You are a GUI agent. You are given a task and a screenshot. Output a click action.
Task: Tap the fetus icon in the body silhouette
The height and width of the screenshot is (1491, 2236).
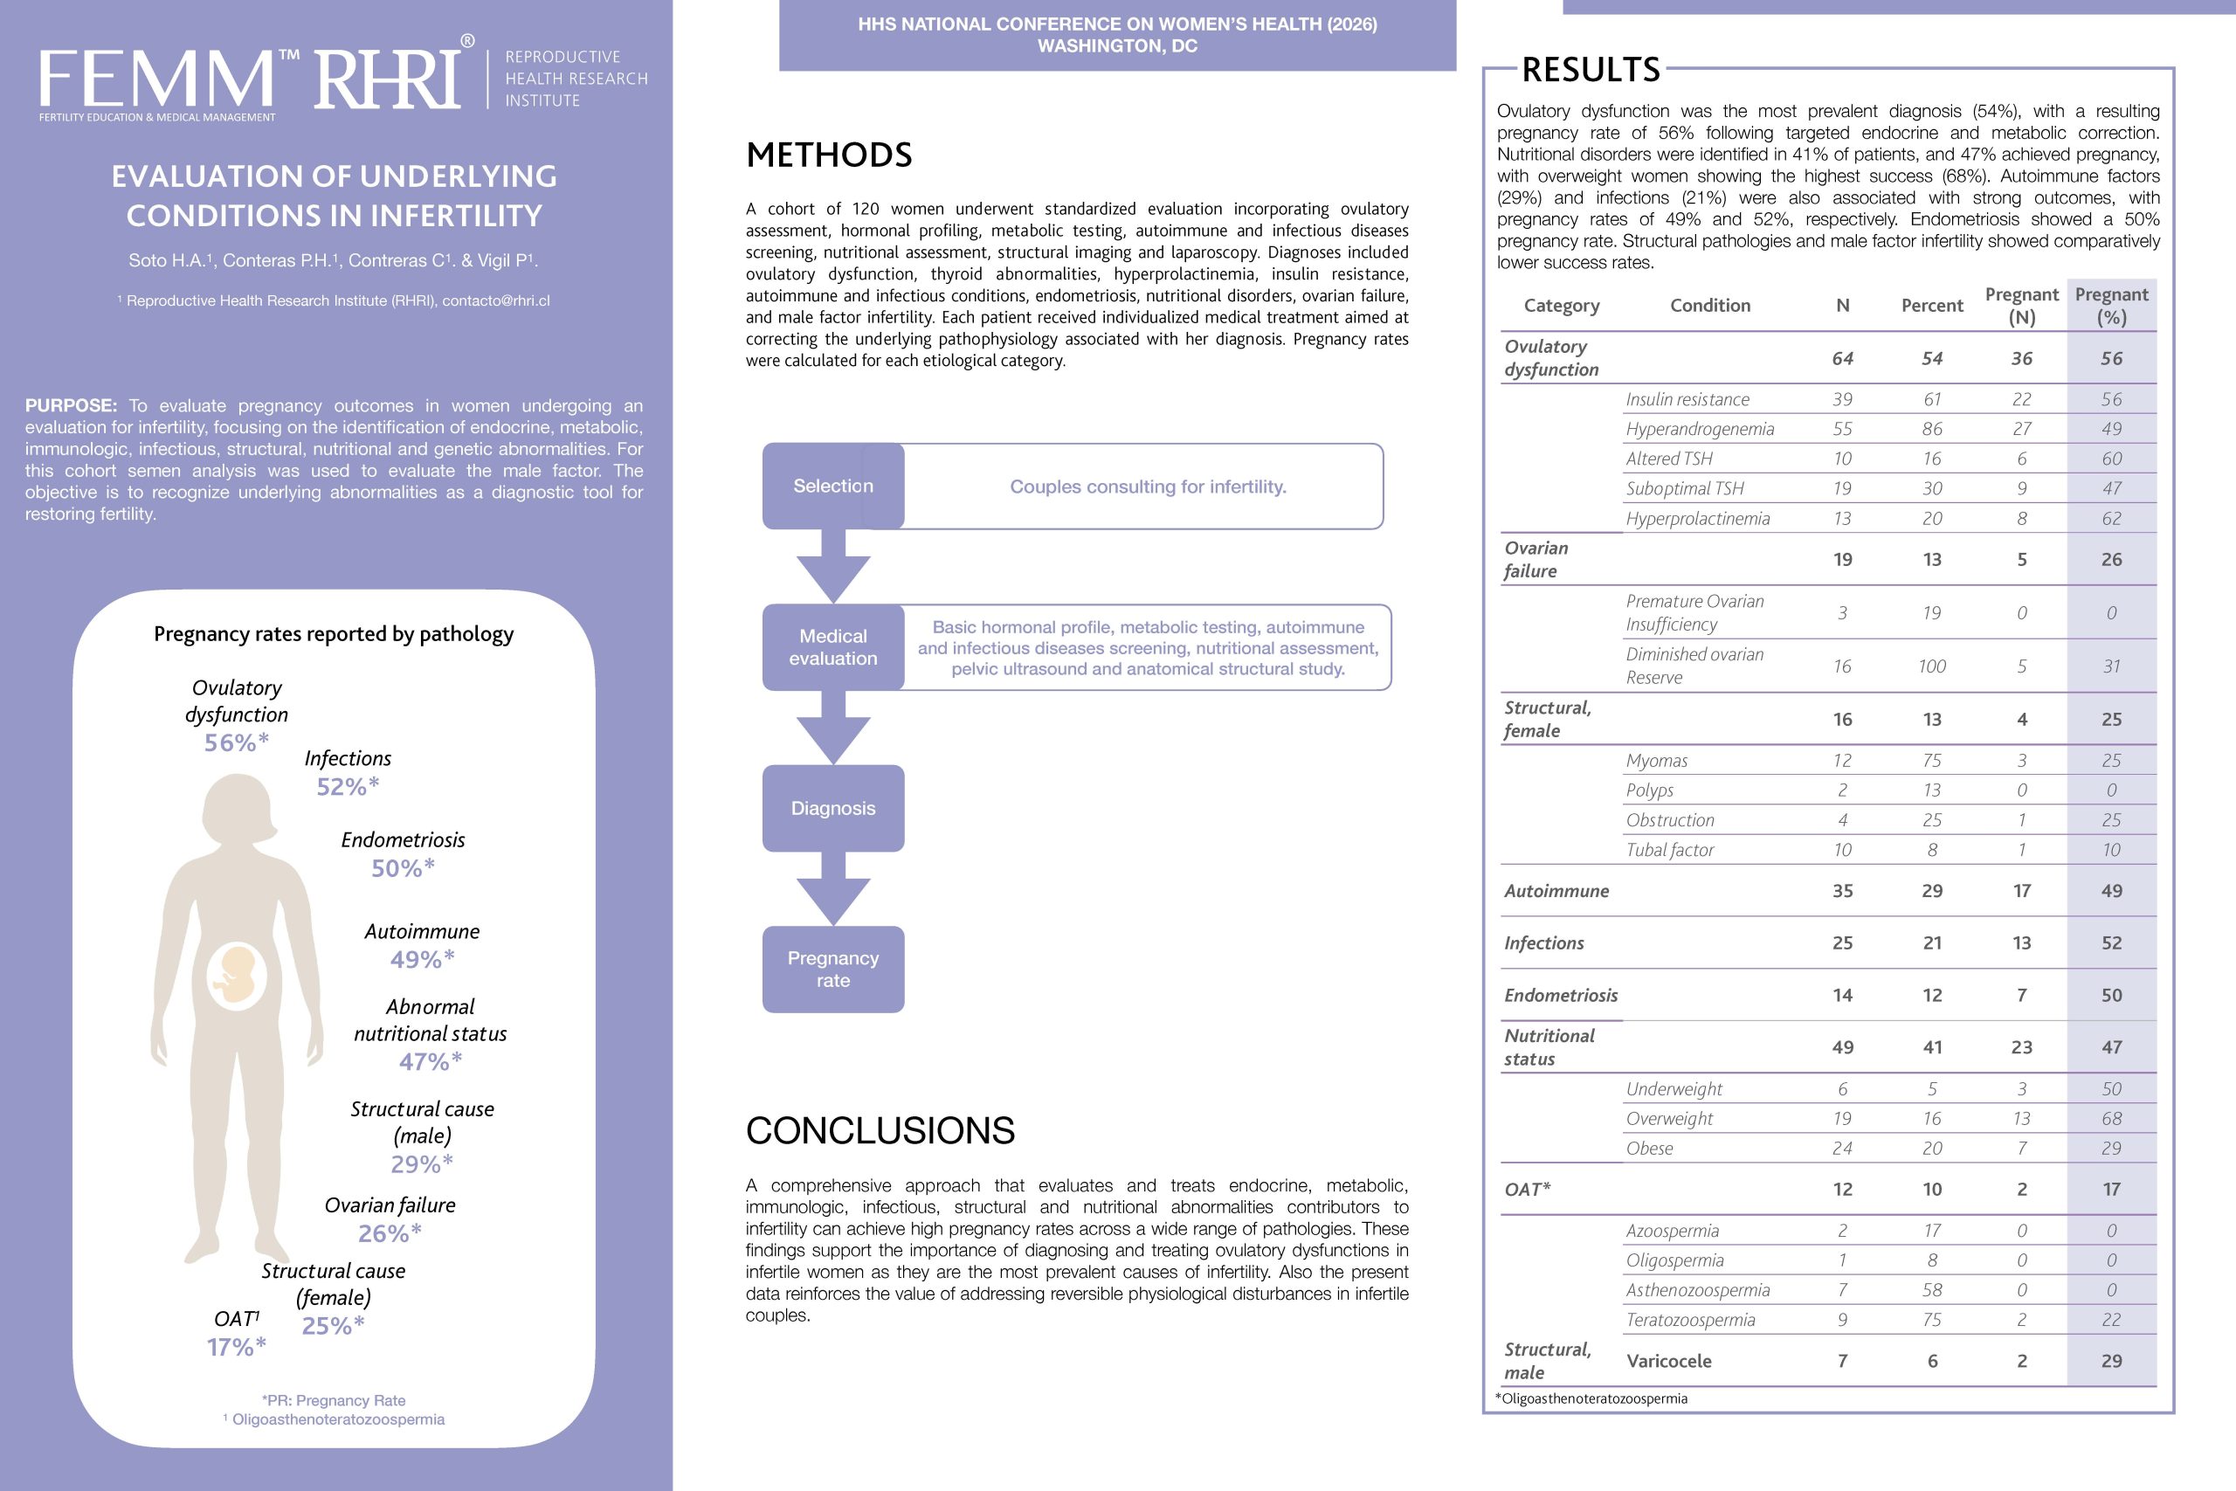tap(237, 976)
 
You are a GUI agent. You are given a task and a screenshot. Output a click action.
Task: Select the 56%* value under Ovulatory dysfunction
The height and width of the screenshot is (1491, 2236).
tap(237, 742)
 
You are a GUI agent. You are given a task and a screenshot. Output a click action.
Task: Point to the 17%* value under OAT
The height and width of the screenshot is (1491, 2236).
tap(236, 1348)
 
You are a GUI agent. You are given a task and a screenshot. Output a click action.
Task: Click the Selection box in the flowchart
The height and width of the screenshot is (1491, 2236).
tap(832, 486)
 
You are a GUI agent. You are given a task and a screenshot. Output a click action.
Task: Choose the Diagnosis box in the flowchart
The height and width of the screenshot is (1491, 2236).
tap(832, 808)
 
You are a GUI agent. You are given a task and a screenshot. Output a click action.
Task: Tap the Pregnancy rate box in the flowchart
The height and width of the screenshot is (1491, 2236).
tap(832, 969)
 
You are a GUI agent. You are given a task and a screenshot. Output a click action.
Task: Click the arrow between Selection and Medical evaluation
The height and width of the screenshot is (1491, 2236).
tap(832, 566)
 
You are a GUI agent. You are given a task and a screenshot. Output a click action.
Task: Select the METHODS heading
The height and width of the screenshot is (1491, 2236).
tap(829, 155)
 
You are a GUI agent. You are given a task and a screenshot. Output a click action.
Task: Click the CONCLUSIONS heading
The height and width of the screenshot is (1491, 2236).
tap(880, 1130)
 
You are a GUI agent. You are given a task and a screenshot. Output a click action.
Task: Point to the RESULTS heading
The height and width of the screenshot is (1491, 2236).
tap(1591, 69)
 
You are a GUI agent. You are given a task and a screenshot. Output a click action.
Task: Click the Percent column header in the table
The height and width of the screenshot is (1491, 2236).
tap(1932, 305)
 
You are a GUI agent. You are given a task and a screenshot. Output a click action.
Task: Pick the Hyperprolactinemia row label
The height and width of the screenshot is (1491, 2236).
tap(1697, 518)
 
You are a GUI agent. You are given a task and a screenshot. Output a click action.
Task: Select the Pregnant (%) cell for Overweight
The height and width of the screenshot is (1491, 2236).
tap(2110, 1118)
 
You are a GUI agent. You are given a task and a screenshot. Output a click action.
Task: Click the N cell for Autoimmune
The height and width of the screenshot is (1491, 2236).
tap(1842, 891)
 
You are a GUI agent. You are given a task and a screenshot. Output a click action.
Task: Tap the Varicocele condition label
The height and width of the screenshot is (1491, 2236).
tap(1668, 1361)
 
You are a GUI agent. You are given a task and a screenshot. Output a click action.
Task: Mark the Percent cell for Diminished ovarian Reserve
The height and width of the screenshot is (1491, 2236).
tap(1932, 666)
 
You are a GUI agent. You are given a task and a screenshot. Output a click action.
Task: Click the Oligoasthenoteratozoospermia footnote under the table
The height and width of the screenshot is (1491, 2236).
tap(1591, 1398)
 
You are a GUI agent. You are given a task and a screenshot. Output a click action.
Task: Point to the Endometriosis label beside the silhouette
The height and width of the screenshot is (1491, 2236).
tap(403, 839)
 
